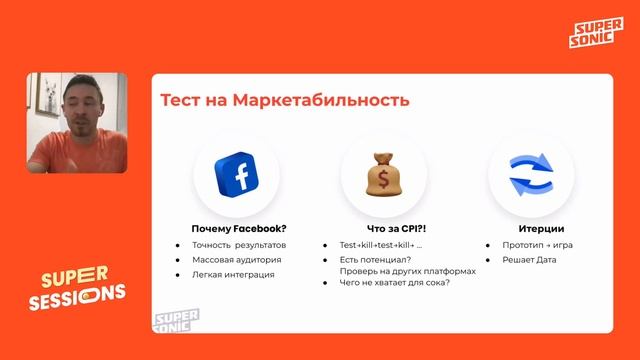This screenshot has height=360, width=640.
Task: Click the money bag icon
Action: tap(383, 174)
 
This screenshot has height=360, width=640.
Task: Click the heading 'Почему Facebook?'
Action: tap(238, 227)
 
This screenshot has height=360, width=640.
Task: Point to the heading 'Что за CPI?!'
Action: tap(383, 227)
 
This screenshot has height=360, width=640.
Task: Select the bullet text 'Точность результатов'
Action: tap(239, 245)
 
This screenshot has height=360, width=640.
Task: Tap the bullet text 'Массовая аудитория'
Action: tap(236, 260)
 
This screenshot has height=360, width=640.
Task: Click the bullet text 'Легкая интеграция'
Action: tap(233, 274)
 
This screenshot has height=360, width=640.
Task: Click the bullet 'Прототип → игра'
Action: tap(537, 245)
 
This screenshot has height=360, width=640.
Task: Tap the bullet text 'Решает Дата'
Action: tap(529, 260)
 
